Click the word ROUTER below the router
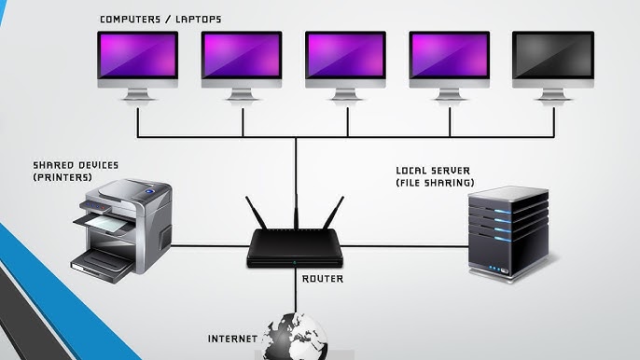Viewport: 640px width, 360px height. [x=323, y=278]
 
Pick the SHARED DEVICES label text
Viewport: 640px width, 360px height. [x=76, y=164]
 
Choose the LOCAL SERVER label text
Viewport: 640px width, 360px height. [x=434, y=170]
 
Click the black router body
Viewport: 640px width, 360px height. [x=296, y=250]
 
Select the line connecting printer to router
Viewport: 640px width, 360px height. [x=211, y=248]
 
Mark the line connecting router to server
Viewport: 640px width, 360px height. [x=406, y=248]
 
